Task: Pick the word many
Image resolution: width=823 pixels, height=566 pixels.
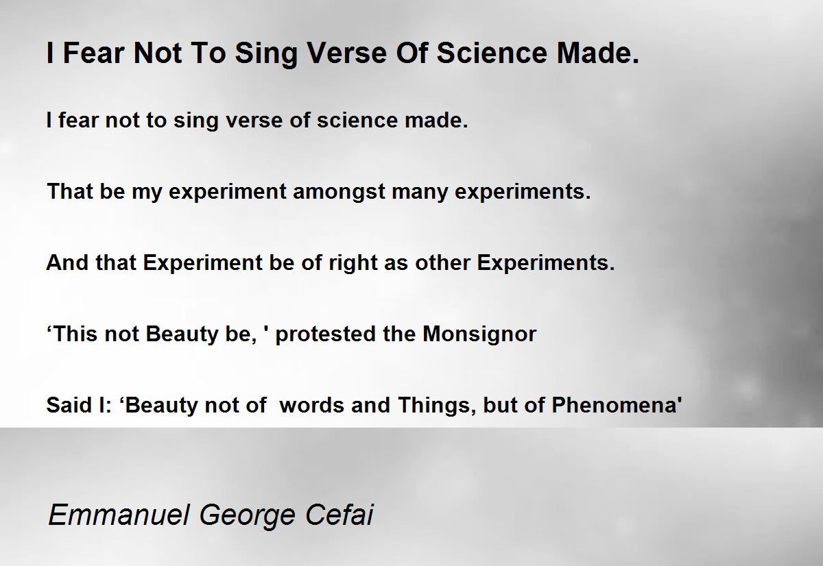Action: (420, 193)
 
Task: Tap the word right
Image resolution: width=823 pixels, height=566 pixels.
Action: (353, 264)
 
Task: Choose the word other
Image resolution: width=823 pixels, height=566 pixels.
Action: (442, 262)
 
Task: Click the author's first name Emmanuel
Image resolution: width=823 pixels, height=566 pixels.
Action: (119, 515)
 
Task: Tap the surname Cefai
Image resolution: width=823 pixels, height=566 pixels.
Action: (339, 515)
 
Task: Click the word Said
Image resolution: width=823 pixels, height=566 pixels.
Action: (69, 405)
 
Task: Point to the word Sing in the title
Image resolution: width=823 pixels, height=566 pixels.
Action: (266, 54)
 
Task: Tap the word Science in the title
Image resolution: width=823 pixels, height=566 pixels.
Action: (492, 53)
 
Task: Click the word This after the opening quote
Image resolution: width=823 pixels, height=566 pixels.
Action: (75, 334)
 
